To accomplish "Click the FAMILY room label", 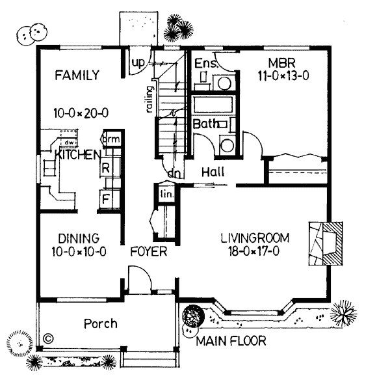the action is click(x=77, y=75).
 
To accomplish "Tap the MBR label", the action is click(x=282, y=63).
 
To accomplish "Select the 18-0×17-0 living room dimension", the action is click(x=254, y=251).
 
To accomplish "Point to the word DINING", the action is click(x=79, y=238).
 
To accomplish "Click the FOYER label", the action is click(x=149, y=251).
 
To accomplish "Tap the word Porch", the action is click(x=101, y=323).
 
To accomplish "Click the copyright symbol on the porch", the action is click(x=48, y=338).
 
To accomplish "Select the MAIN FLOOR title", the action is click(x=231, y=341).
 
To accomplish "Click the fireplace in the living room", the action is click(x=326, y=243).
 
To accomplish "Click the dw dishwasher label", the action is click(x=68, y=143).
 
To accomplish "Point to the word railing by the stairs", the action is click(x=149, y=100).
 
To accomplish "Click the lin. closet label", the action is click(x=166, y=194).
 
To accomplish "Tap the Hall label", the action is click(x=213, y=172).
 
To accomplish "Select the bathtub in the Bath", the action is click(x=213, y=105).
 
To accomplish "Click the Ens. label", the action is click(x=206, y=63).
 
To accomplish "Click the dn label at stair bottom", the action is click(x=174, y=174).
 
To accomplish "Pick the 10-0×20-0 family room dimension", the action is click(x=81, y=113).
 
